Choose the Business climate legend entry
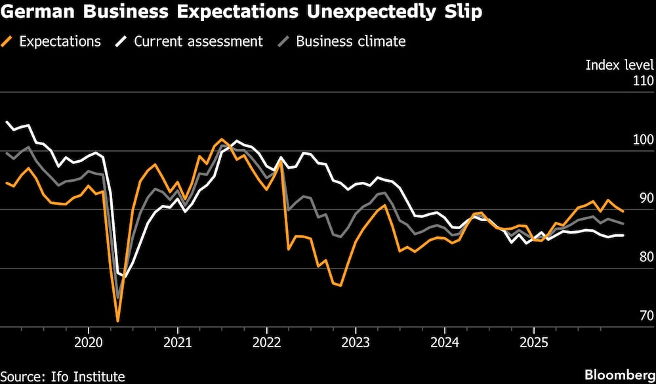click(350, 41)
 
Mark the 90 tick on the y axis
click(645, 198)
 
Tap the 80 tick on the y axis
click(645, 257)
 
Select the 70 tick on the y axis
click(645, 316)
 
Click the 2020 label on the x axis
click(89, 342)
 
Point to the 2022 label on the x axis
click(266, 342)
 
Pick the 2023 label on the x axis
click(355, 342)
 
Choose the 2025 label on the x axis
click(533, 342)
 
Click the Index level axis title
click(619, 65)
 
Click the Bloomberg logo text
click(620, 375)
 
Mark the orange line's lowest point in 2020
click(118, 321)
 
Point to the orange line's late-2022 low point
click(340, 286)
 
